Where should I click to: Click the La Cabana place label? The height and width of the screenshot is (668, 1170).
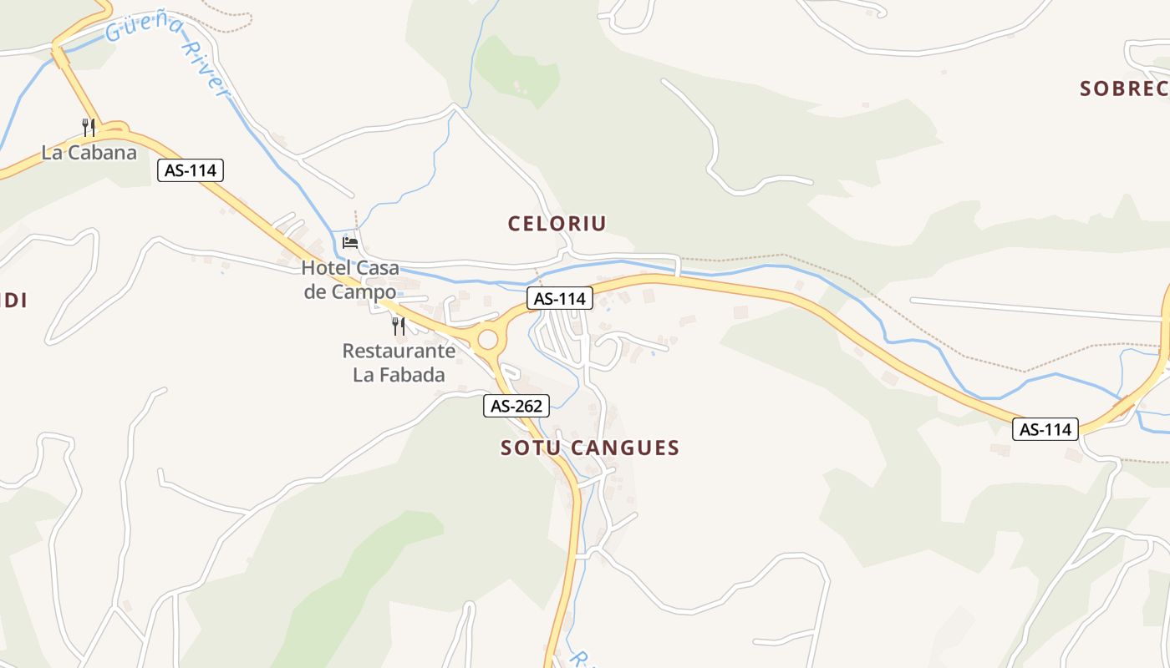[x=89, y=153]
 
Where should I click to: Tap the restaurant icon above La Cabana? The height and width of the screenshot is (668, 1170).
[x=89, y=127]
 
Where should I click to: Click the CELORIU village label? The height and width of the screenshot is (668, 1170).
[x=557, y=224]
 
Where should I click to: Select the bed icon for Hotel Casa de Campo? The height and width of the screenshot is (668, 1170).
[x=350, y=242]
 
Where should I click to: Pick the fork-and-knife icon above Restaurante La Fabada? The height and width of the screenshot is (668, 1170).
[x=399, y=326]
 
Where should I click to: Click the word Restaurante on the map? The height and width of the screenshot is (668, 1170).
[x=399, y=351]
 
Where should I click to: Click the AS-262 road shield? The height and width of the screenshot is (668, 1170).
[x=516, y=407]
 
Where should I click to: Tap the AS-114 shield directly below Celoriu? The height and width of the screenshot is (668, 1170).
[x=560, y=298]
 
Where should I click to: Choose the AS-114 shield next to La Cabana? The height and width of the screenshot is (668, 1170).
[x=191, y=171]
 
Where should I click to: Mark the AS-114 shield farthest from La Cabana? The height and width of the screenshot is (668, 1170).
[x=1045, y=430]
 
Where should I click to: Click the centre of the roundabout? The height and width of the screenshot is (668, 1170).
[x=487, y=340]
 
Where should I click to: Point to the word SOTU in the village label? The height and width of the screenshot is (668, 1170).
[x=530, y=448]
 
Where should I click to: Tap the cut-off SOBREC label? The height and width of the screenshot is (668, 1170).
[x=1124, y=89]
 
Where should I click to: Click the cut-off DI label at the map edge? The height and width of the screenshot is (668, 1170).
[x=13, y=301]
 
